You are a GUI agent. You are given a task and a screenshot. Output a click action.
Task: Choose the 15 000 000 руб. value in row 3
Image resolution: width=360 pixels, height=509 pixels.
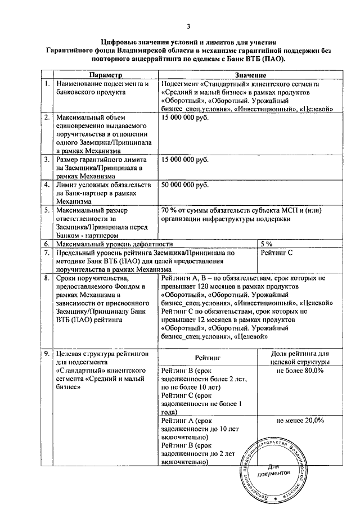(x=184, y=160)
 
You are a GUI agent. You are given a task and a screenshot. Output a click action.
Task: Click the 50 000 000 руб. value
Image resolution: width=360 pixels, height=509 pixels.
(x=184, y=185)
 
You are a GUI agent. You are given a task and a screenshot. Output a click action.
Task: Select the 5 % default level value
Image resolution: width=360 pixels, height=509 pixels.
(x=267, y=244)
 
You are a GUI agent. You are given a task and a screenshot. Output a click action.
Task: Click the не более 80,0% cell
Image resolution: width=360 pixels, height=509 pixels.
(x=300, y=371)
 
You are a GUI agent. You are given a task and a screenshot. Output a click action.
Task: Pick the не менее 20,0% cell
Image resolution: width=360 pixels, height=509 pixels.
(x=300, y=420)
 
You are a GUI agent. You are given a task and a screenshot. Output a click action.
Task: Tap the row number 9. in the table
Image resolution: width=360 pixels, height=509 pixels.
(x=48, y=353)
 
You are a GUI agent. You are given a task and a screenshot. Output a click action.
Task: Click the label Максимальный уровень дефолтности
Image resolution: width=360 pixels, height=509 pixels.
(x=111, y=244)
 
